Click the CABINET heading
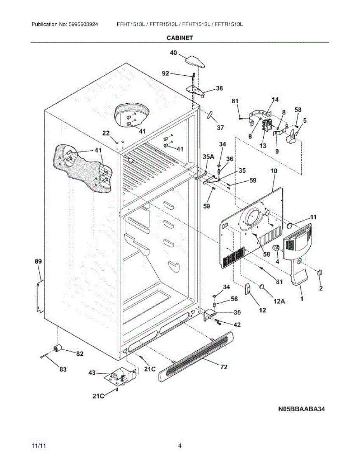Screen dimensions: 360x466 click(180, 38)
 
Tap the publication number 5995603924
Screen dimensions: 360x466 click(83, 24)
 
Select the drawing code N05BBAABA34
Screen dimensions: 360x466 click(301, 409)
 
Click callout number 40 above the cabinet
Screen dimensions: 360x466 click(174, 52)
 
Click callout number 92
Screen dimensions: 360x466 click(165, 73)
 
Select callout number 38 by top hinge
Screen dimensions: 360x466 click(219, 88)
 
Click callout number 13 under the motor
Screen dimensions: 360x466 click(263, 146)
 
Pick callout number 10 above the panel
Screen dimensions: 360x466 click(274, 171)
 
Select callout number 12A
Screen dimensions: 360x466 click(279, 301)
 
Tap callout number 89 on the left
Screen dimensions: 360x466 click(38, 261)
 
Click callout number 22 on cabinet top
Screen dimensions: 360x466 click(106, 133)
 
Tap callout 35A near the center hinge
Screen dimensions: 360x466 click(209, 157)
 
